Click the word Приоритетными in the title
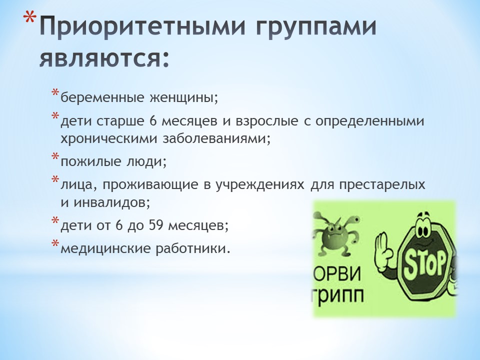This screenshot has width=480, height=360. [x=142, y=26]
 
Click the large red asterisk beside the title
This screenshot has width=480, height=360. [x=30, y=19]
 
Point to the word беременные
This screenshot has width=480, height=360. [x=102, y=98]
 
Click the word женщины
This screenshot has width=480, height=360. [x=183, y=98]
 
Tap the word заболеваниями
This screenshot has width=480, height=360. [x=216, y=138]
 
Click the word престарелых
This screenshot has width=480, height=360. [x=382, y=185]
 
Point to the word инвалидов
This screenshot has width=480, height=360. [x=111, y=202]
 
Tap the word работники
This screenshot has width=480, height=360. [x=192, y=248]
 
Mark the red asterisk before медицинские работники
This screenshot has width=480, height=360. [x=55, y=243]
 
